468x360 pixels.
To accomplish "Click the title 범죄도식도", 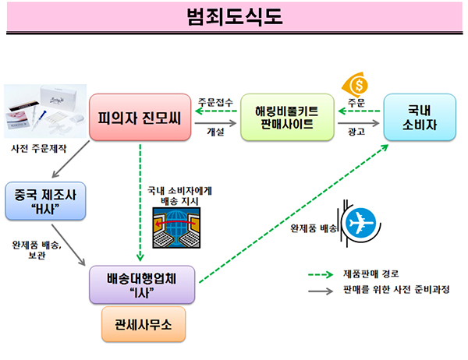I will coord(234,16).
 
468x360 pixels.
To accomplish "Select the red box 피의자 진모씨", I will coord(139,118).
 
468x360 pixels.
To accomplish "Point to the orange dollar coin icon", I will coord(358,82).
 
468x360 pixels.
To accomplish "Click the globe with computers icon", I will coord(173,229).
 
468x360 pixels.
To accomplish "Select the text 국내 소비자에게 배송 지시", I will coord(173,194).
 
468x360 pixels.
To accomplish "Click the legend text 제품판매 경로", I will coord(370,273).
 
